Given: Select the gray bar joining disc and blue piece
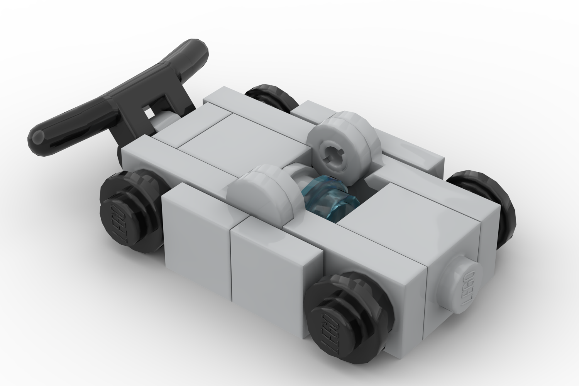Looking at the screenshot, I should pyautogui.click(x=295, y=181).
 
